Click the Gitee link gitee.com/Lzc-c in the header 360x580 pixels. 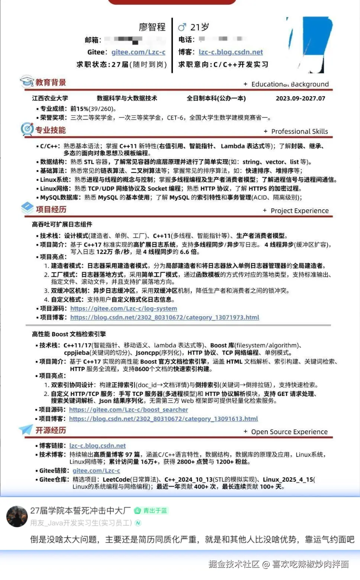click(138, 52)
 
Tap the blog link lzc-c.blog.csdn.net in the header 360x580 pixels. click(231, 52)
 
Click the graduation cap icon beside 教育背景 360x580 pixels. click(27, 81)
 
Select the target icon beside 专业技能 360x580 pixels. click(27, 129)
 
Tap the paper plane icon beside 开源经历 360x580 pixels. click(26, 429)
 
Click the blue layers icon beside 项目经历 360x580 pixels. click(28, 208)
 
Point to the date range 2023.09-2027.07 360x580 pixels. click(300, 99)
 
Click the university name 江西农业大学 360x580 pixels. click(50, 99)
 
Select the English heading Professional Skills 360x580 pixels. click(299, 132)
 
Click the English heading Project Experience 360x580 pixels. click(299, 211)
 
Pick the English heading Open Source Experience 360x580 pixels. click(289, 432)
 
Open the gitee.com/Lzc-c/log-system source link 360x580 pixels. click(123, 309)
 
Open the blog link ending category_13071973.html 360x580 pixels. click(164, 318)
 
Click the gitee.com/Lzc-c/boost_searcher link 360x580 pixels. click(128, 410)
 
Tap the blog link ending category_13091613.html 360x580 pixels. click(163, 419)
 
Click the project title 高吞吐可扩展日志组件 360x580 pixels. click(62, 225)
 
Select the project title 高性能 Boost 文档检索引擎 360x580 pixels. click(69, 334)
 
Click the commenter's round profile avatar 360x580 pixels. click(17, 516)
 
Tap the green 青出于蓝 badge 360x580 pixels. click(151, 511)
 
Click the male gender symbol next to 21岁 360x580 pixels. click(182, 27)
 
